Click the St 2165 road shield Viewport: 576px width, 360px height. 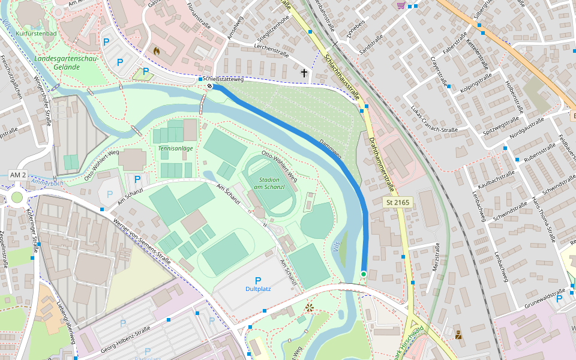click(397, 203)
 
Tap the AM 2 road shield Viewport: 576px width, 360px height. click(18, 175)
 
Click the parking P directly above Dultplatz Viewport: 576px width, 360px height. click(258, 280)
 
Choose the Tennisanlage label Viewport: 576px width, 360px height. click(175, 148)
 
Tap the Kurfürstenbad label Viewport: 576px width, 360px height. click(37, 34)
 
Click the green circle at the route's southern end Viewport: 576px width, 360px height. click(364, 274)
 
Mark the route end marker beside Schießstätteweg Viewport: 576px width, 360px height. click(210, 86)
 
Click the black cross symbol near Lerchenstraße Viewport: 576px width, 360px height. click(304, 73)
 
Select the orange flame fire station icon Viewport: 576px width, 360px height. click(157, 52)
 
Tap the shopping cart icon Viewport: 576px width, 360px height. click(400, 5)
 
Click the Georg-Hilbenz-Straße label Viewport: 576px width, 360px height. click(125, 335)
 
